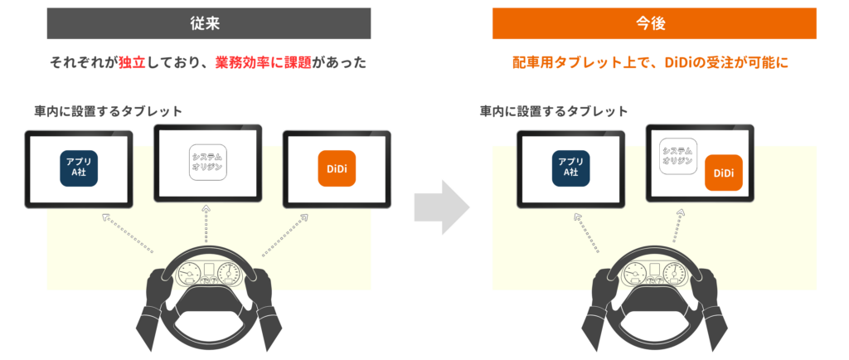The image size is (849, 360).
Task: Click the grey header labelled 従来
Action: click(x=208, y=23)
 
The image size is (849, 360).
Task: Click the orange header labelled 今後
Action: click(x=654, y=23)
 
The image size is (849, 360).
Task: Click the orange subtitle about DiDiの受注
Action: click(x=650, y=63)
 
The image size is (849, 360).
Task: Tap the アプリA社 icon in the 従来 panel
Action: click(x=79, y=168)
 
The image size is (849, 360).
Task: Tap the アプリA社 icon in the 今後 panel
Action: click(x=570, y=168)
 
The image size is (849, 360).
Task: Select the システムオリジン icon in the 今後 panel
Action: click(x=677, y=156)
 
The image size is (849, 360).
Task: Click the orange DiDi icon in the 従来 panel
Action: click(x=337, y=168)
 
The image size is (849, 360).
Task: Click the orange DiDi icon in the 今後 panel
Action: click(x=723, y=173)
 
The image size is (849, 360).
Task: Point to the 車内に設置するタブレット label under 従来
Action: click(x=108, y=111)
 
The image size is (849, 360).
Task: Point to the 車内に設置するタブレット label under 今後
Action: click(x=553, y=111)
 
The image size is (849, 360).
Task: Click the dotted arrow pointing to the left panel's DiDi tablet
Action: click(x=284, y=234)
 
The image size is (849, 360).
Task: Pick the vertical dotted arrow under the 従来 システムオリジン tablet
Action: click(x=206, y=224)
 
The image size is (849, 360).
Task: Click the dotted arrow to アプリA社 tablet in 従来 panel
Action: click(x=128, y=233)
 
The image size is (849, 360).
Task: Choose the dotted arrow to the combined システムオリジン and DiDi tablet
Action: click(x=677, y=226)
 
